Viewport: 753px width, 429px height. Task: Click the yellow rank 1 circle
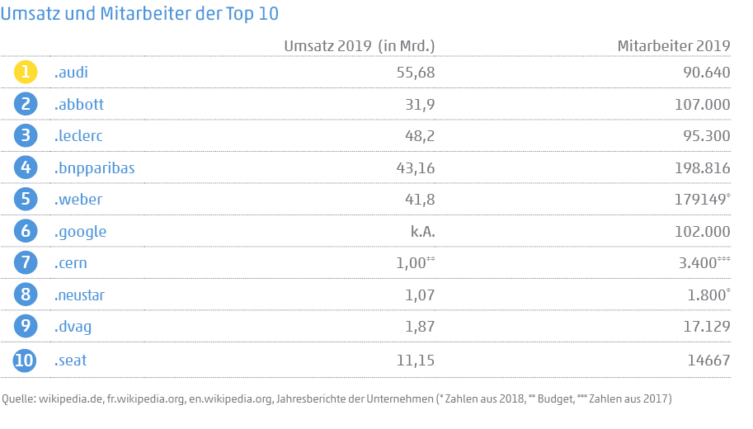tap(26, 73)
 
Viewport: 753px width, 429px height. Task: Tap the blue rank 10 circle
tap(26, 361)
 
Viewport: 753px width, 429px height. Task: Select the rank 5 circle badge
tap(26, 200)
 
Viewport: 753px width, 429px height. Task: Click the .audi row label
tap(71, 73)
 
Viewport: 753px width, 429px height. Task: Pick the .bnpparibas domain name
tap(94, 168)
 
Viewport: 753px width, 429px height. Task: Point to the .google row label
tap(80, 232)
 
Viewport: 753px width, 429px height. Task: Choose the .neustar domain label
tap(79, 295)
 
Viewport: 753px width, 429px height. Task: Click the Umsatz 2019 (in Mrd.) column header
tap(359, 46)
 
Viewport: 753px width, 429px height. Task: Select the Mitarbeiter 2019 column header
tap(674, 46)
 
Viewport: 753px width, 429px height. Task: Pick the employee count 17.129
tap(704, 328)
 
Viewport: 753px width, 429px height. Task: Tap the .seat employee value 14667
tap(706, 361)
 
